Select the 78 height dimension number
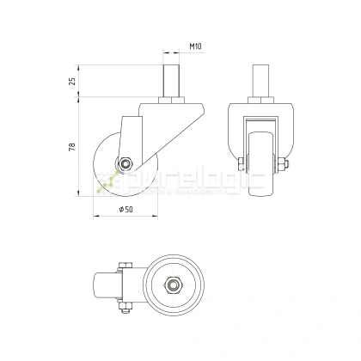click(x=72, y=149)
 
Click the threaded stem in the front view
click(x=261, y=83)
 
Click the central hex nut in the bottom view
click(x=173, y=284)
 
